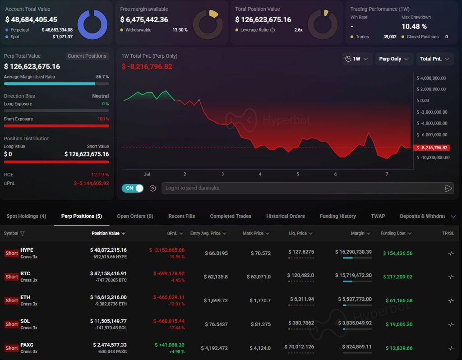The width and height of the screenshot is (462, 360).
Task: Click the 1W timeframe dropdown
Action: click(x=357, y=59)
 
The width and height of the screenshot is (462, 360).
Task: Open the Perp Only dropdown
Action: click(x=393, y=59)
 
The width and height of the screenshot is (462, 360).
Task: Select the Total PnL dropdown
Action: click(x=434, y=59)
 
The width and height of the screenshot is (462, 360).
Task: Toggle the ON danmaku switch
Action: click(x=133, y=188)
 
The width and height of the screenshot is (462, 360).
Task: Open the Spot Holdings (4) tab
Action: click(x=26, y=216)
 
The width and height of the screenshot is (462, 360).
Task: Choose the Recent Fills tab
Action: click(x=181, y=216)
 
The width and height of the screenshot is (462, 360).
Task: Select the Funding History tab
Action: click(x=337, y=216)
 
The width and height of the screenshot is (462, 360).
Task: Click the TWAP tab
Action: click(x=378, y=216)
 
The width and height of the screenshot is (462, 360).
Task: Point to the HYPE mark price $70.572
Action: click(x=260, y=253)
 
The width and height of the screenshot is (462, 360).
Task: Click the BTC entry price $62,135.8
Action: click(x=216, y=277)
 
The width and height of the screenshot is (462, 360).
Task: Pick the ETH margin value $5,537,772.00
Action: click(x=355, y=299)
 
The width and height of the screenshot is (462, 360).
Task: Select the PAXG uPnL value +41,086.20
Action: click(x=170, y=345)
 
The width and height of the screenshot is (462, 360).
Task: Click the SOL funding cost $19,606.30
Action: click(x=399, y=324)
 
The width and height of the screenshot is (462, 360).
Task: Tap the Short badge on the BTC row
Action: click(x=11, y=277)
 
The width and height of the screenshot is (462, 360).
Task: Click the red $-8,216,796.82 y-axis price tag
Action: click(x=432, y=148)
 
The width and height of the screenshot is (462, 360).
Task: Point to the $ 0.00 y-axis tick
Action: click(x=423, y=101)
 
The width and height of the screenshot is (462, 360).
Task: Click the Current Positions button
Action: click(x=87, y=56)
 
